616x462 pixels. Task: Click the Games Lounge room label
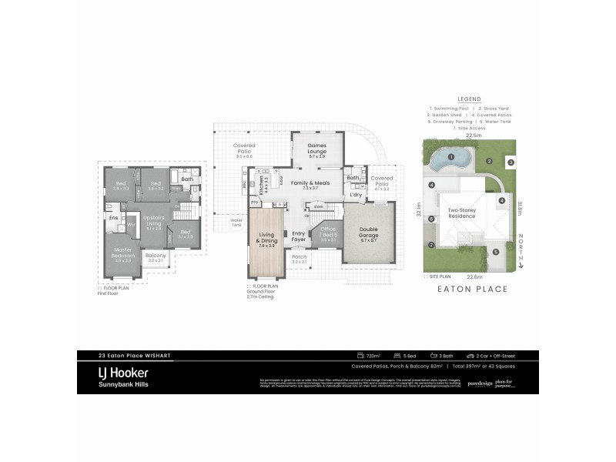click(x=317, y=148)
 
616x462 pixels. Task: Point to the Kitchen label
click(x=261, y=186)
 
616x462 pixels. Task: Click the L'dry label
click(x=356, y=195)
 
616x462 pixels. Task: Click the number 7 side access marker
click(x=432, y=245)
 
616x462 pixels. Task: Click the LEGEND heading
click(x=469, y=99)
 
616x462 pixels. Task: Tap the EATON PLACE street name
click(x=473, y=290)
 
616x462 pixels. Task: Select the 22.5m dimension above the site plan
click(x=472, y=136)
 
